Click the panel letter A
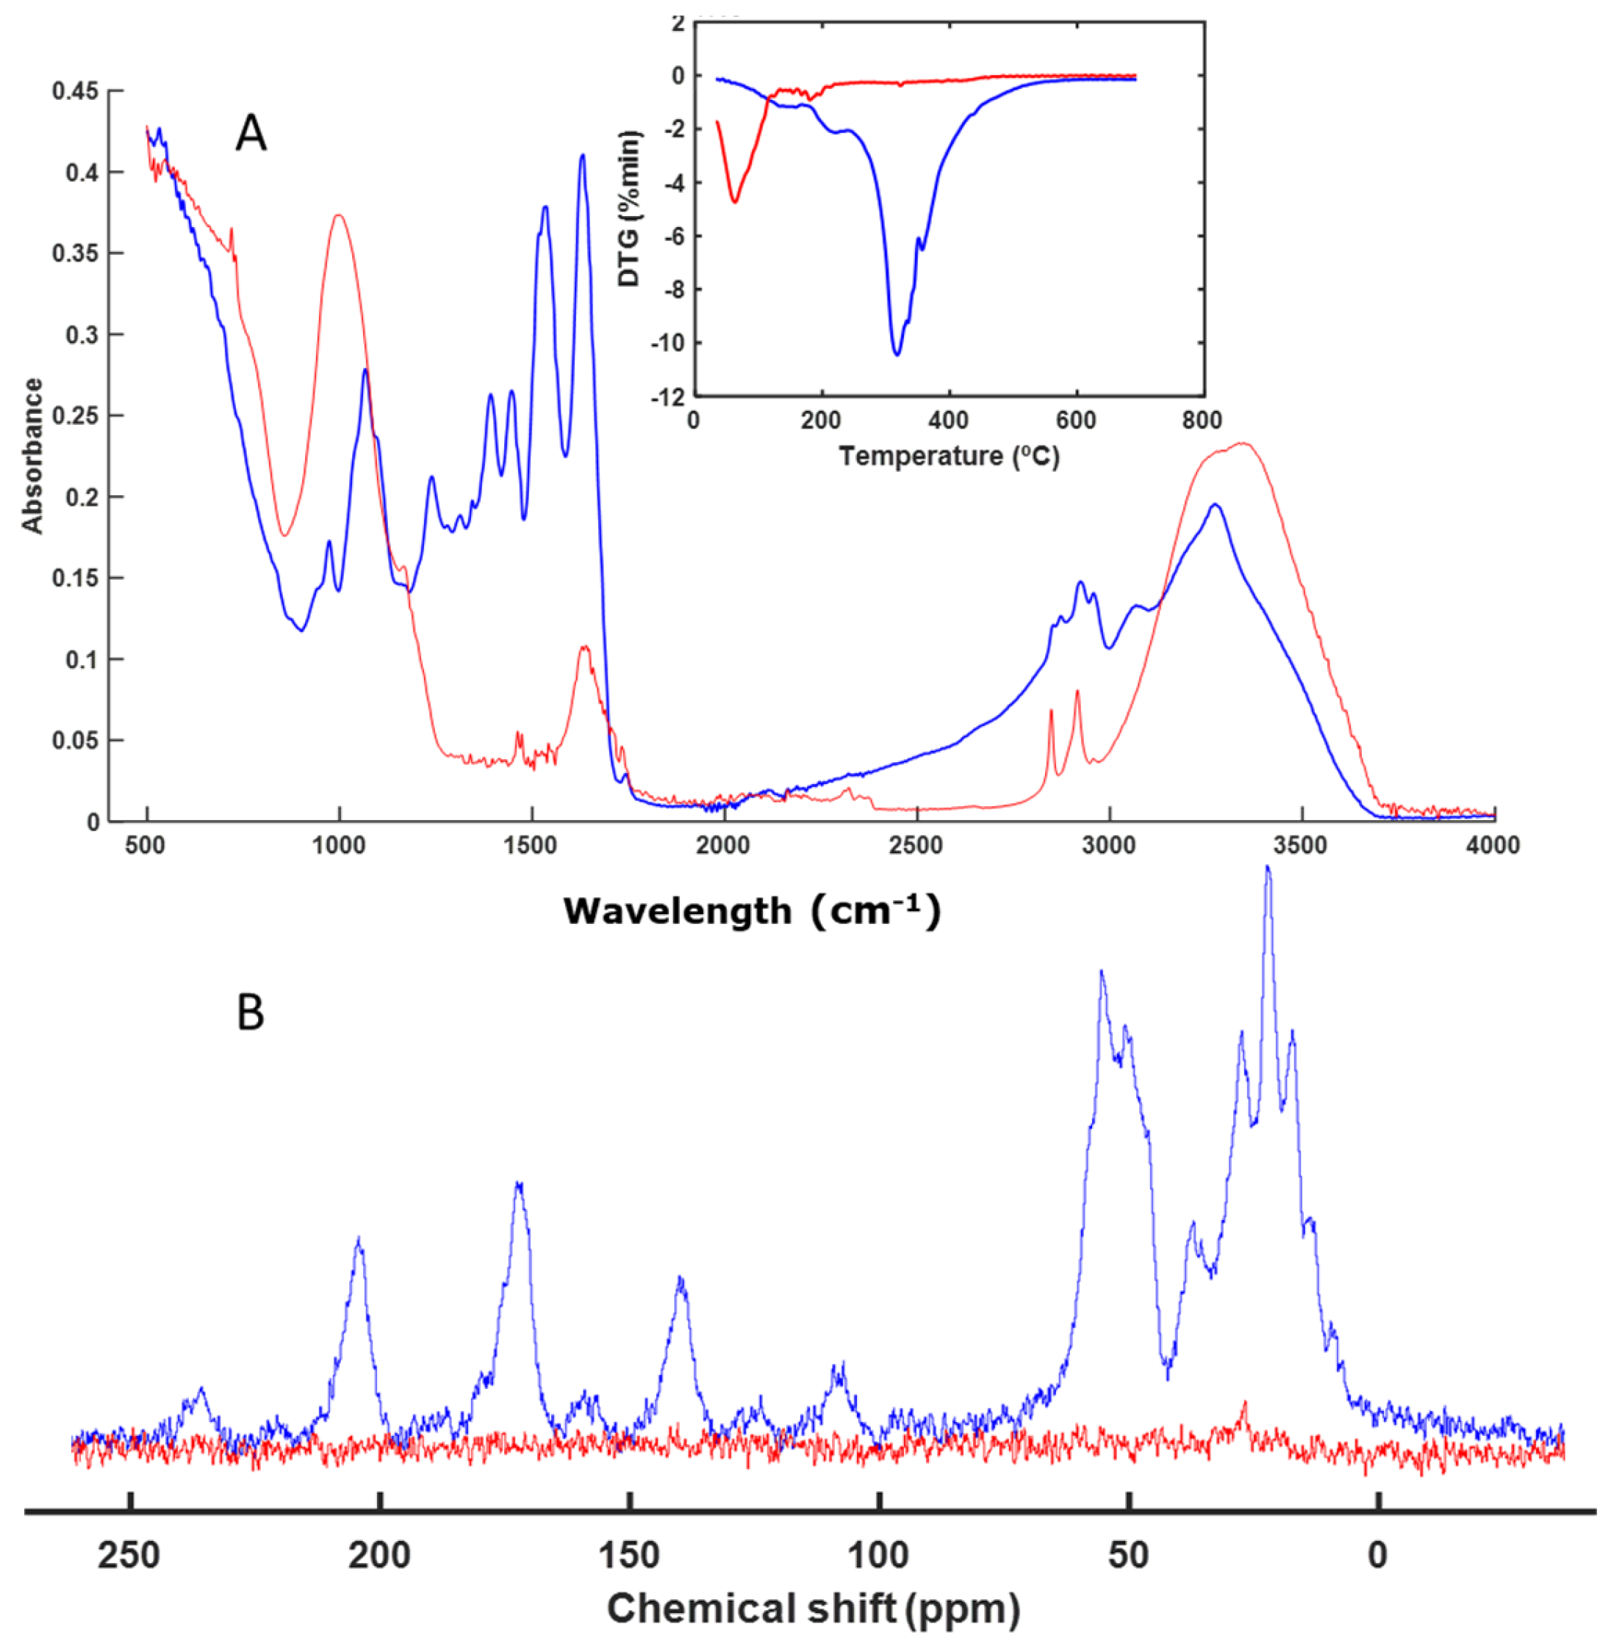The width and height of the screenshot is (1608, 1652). [x=251, y=134]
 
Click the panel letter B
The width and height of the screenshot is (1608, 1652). [x=250, y=1013]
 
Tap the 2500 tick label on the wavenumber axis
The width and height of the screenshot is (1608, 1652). [x=916, y=845]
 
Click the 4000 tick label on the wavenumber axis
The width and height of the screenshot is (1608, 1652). [x=1493, y=845]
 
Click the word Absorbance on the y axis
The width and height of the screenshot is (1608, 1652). [x=32, y=456]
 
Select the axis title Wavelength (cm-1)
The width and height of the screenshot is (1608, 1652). [x=752, y=911]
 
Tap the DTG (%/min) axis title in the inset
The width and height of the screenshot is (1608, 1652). [x=629, y=209]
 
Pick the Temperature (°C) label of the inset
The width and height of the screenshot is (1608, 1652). [x=949, y=456]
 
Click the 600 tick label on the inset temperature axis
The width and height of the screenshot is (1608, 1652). [x=1076, y=420]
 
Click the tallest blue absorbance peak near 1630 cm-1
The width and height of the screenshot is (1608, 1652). [x=583, y=157]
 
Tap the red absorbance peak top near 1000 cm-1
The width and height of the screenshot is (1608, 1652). [x=339, y=215]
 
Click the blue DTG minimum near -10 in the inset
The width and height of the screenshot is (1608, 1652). [x=897, y=354]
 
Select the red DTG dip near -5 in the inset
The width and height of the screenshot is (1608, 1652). [x=735, y=201]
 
